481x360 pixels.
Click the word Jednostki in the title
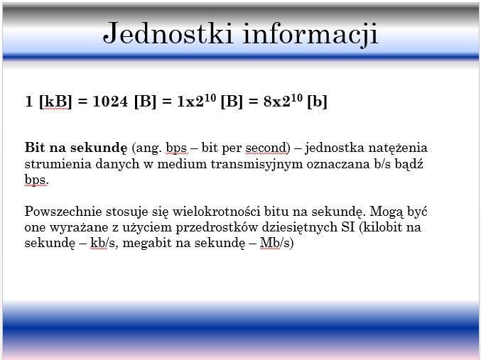click(168, 33)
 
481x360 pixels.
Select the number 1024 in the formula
click(110, 102)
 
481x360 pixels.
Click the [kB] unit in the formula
click(55, 102)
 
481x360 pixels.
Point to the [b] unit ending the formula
click(317, 102)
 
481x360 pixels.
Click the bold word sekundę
click(99, 148)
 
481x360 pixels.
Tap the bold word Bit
click(34, 148)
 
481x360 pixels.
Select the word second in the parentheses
click(266, 148)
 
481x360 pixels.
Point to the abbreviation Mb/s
click(274, 243)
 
